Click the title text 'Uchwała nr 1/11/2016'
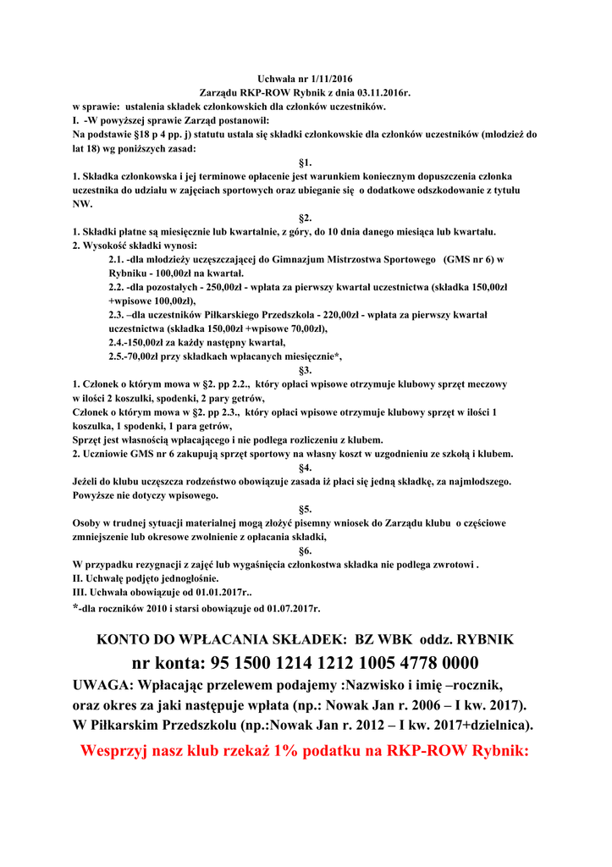coord(305,79)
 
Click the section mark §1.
coord(306,162)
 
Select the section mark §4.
coord(306,467)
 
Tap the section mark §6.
coord(306,550)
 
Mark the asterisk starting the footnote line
coord(76,607)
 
